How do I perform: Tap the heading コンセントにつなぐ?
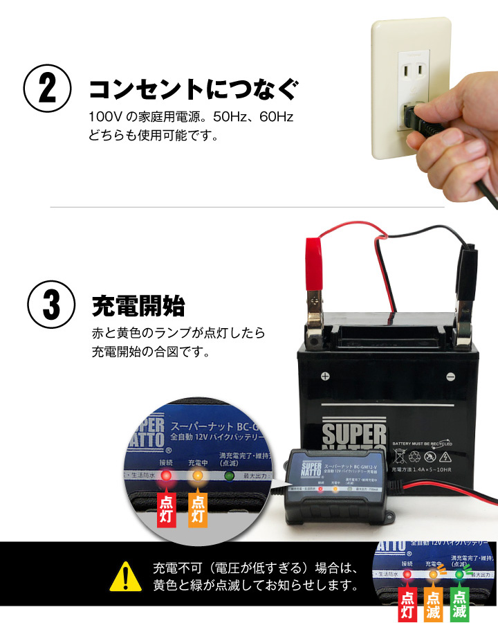[x=194, y=89]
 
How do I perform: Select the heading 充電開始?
[x=139, y=305]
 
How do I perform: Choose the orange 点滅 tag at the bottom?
[x=434, y=603]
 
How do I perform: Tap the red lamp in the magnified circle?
[x=166, y=476]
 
